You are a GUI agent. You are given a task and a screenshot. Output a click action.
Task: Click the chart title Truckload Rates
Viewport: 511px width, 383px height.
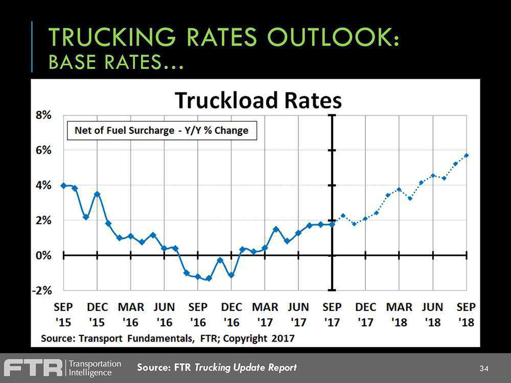click(258, 100)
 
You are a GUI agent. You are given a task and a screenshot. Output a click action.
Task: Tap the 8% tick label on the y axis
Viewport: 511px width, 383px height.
click(43, 115)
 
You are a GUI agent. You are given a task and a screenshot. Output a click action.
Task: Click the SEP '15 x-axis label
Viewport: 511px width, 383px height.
click(63, 315)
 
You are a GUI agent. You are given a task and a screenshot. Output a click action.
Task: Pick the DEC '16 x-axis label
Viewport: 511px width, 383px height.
click(231, 315)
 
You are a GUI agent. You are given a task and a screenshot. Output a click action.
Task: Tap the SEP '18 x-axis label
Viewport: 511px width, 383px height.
click(466, 315)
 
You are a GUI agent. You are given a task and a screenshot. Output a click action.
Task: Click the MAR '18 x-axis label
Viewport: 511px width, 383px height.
click(399, 315)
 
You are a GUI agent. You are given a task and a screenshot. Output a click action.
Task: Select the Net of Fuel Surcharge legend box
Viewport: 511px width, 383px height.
click(161, 130)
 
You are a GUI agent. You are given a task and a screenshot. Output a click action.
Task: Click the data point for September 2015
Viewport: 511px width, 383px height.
click(63, 185)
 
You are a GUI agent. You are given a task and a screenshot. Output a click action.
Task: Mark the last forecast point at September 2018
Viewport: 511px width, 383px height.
click(466, 155)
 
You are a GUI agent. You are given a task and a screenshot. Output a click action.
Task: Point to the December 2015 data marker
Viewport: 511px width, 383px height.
click(97, 194)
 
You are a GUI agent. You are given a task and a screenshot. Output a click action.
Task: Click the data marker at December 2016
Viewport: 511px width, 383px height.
click(231, 275)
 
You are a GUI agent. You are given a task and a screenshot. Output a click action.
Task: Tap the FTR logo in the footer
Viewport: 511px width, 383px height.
click(33, 368)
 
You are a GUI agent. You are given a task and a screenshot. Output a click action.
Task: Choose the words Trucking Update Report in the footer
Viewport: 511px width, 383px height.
click(245, 368)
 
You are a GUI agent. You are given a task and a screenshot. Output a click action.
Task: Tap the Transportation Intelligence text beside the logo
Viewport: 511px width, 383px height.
click(95, 368)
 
